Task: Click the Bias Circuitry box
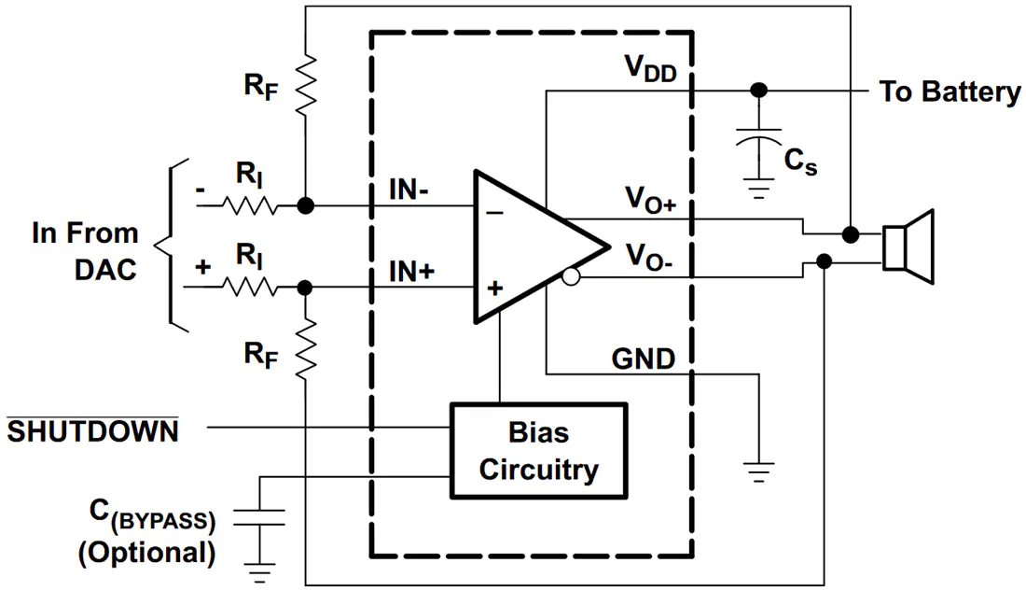[x=538, y=451]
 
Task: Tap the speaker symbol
[x=908, y=247]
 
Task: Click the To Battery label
[x=950, y=91]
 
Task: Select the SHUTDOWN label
[x=92, y=431]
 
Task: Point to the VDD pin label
[x=650, y=68]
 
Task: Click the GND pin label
[x=644, y=359]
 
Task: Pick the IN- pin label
[x=409, y=190]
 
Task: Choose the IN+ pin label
[x=411, y=271]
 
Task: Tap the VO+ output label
[x=650, y=199]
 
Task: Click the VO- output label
[x=648, y=256]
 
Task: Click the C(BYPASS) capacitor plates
[x=260, y=517]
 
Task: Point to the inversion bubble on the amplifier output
[x=571, y=277]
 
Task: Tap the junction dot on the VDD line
[x=758, y=90]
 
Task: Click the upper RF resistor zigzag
[x=306, y=86]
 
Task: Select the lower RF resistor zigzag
[x=306, y=349]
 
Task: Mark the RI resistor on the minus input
[x=249, y=205]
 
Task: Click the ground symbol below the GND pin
[x=758, y=471]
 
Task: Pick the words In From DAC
[x=85, y=251]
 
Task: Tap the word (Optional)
[x=146, y=553]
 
